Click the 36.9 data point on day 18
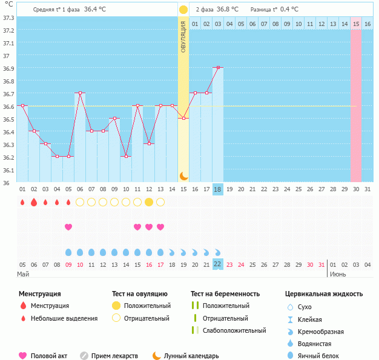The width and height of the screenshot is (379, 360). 218,68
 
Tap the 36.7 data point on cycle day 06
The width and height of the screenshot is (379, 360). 80,93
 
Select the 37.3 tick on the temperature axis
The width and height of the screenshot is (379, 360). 8,18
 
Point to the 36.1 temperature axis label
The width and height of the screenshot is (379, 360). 8,170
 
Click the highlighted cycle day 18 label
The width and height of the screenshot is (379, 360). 218,189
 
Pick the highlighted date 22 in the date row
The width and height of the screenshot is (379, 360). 218,264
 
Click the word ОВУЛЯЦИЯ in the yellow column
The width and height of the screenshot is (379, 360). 183,36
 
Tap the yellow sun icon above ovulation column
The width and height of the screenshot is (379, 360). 183,10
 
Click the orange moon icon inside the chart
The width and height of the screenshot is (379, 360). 183,175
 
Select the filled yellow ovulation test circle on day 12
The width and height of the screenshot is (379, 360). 149,202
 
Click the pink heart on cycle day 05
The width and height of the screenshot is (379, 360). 68,227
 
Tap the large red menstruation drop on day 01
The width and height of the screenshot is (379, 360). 22,202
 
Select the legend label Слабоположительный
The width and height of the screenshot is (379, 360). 234,330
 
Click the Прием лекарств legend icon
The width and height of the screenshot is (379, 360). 84,356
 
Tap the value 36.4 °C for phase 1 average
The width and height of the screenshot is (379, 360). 95,10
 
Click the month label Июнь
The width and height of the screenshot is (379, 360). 338,274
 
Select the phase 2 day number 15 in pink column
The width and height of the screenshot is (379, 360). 356,24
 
